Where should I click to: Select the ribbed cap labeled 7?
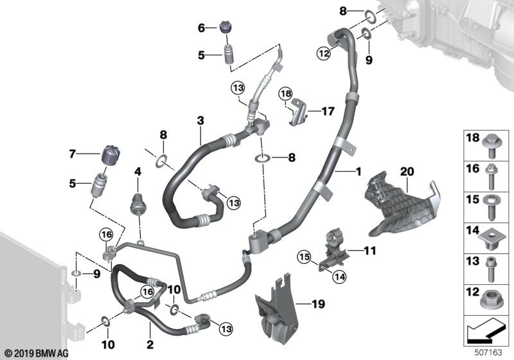pos(110,156)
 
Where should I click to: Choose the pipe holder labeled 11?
pos(334,250)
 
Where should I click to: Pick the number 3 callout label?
pos(200,120)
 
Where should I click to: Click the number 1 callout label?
pos(359,171)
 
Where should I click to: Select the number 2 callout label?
pos(150,345)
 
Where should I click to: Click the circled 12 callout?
pos(324,53)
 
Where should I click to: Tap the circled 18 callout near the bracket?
pos(285,94)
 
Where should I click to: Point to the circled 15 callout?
pos(305,257)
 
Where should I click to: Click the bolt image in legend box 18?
pos(491,146)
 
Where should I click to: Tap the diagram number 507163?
pos(488,352)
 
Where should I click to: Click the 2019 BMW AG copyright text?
pos(37,354)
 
